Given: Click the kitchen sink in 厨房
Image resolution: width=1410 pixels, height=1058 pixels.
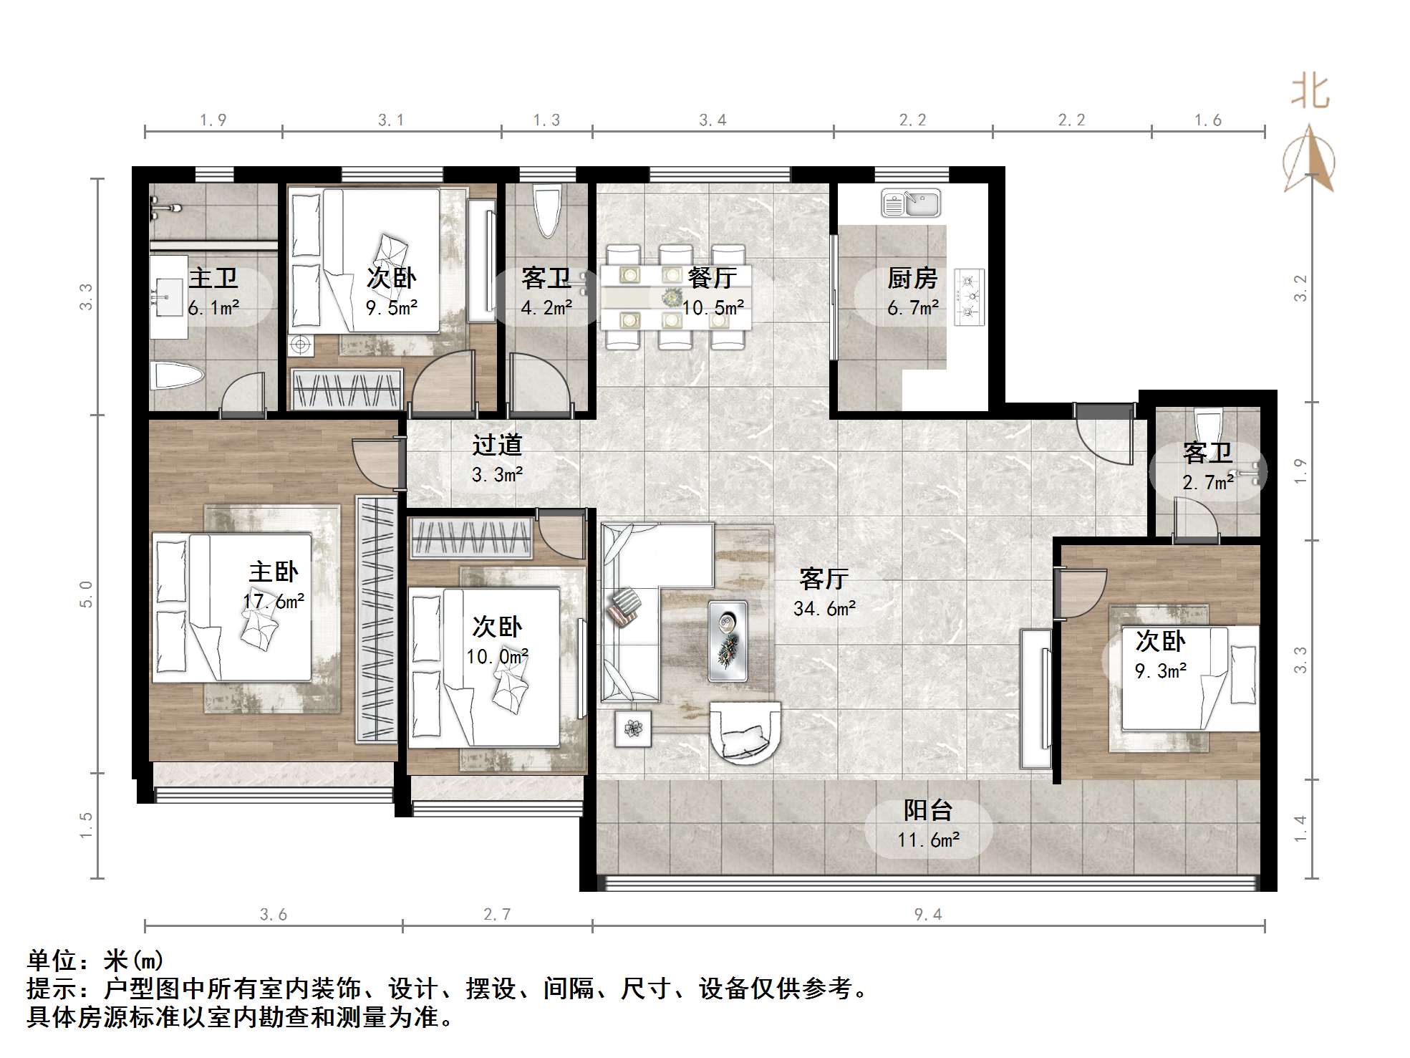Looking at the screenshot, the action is click(x=911, y=203).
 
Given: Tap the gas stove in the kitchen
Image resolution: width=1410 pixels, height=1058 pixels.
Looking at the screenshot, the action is click(x=970, y=297).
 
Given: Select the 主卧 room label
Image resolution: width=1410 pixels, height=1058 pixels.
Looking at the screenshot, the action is click(x=274, y=572).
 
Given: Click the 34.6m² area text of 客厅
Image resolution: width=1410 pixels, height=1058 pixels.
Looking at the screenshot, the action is click(x=824, y=609).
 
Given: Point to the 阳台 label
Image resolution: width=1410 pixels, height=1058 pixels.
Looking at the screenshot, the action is click(x=928, y=810).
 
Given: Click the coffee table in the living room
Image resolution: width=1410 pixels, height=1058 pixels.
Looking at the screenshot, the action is click(x=728, y=640).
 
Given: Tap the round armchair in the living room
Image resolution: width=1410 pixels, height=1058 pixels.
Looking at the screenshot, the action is click(x=745, y=732).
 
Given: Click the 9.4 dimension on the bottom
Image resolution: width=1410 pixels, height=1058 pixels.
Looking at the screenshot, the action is click(x=928, y=914).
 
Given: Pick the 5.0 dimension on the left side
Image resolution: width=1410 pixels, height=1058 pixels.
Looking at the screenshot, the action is click(x=86, y=594).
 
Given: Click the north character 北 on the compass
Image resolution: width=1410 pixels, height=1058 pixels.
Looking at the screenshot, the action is click(x=1310, y=92).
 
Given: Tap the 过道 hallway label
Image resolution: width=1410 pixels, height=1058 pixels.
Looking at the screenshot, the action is click(x=497, y=445).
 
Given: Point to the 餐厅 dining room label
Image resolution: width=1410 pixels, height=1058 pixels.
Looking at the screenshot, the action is click(x=713, y=278).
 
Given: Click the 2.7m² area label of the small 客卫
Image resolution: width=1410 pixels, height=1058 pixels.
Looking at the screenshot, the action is click(x=1208, y=482).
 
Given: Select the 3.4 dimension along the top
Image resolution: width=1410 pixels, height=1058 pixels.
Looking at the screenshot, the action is click(x=713, y=120).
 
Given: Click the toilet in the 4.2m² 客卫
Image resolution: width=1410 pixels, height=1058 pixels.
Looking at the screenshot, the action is click(x=547, y=211).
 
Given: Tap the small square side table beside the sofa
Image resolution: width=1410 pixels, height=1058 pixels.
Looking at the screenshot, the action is click(x=633, y=728).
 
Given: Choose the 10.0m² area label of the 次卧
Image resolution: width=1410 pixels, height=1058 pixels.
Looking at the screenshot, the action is click(x=498, y=657).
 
